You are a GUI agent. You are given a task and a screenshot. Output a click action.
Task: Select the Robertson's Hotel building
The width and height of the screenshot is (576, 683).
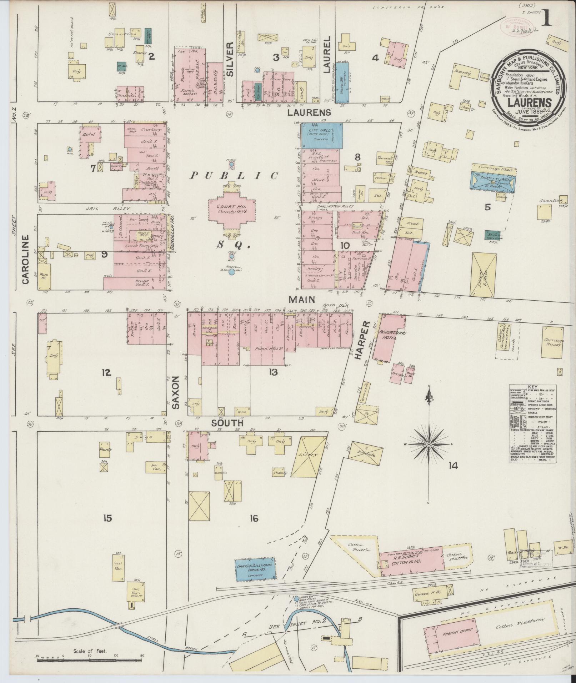tap(389, 336)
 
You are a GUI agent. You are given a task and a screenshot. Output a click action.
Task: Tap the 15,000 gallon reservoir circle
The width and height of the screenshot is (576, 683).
tap(232, 272)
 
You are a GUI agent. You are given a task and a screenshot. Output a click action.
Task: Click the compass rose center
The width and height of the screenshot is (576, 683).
tap(429, 444)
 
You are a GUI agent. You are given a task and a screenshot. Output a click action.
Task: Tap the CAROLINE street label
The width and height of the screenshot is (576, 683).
tap(25, 260)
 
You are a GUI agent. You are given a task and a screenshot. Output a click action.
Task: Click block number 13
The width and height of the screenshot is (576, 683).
tap(273, 373)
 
